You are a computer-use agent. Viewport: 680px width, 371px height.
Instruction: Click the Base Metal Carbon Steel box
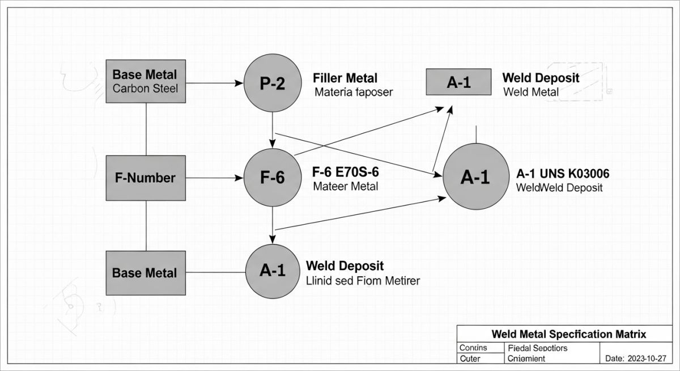[146, 82]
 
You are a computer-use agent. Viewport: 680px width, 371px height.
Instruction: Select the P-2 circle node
[273, 83]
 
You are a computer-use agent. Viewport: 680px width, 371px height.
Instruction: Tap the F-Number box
[146, 178]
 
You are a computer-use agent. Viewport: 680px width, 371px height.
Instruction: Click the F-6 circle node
[273, 178]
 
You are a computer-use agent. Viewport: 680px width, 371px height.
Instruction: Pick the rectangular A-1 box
[458, 83]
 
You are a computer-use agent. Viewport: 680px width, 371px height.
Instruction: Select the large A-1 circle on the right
[475, 178]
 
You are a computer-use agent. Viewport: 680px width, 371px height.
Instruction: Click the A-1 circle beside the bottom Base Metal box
[273, 271]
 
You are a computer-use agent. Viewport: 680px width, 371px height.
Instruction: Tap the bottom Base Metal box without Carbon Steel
[146, 273]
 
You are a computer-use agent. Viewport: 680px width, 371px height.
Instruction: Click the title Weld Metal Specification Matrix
[569, 334]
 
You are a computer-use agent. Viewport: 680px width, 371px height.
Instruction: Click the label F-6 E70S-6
[345, 172]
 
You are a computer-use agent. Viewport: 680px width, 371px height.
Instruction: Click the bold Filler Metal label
[345, 78]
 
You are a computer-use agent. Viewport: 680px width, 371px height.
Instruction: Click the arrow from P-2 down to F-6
[273, 128]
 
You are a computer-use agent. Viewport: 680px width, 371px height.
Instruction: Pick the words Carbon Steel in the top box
[145, 88]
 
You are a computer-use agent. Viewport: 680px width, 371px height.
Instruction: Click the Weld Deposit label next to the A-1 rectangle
[541, 78]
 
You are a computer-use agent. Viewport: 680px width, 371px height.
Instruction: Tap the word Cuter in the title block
[470, 359]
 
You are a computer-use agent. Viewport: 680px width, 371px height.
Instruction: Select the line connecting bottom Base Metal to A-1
[215, 272]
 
